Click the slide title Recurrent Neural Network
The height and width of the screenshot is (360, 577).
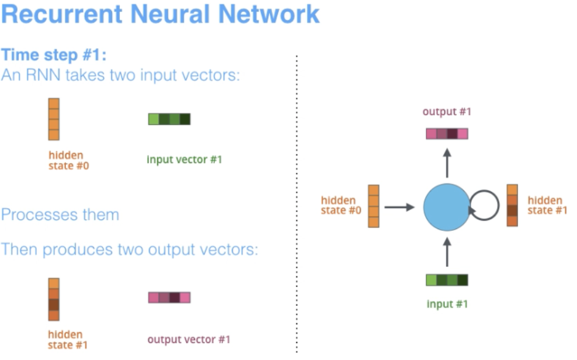tap(160, 14)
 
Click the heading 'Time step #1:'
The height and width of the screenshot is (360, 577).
tap(54, 56)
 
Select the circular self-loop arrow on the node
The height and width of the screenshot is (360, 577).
tap(485, 206)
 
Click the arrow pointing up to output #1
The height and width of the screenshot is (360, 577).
tap(447, 163)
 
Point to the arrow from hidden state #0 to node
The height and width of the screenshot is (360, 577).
tap(399, 206)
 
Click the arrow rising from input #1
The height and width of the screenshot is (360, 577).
tap(447, 252)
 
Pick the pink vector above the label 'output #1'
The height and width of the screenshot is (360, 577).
tap(447, 134)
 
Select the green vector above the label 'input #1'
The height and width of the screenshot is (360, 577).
tap(447, 280)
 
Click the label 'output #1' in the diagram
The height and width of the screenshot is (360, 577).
tap(447, 112)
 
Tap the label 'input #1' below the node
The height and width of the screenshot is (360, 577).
tap(447, 304)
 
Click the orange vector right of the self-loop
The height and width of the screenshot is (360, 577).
tap(512, 206)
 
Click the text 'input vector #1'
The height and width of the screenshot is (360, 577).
tap(184, 160)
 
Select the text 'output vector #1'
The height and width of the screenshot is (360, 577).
tap(189, 340)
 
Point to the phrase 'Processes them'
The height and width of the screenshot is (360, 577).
tap(60, 214)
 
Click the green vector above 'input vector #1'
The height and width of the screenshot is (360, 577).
tap(169, 119)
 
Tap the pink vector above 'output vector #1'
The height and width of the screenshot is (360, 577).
tap(169, 297)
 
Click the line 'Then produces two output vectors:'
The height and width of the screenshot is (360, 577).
tap(129, 250)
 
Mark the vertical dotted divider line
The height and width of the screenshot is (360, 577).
tap(297, 205)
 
